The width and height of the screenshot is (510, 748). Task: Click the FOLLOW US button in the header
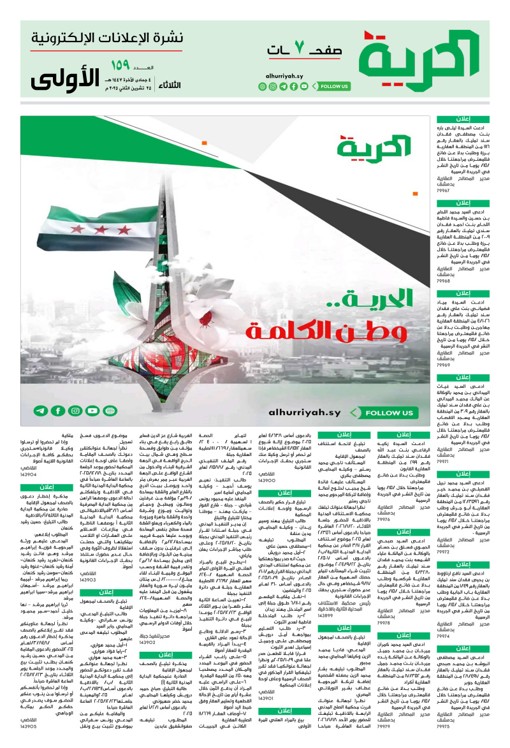[333, 86]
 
